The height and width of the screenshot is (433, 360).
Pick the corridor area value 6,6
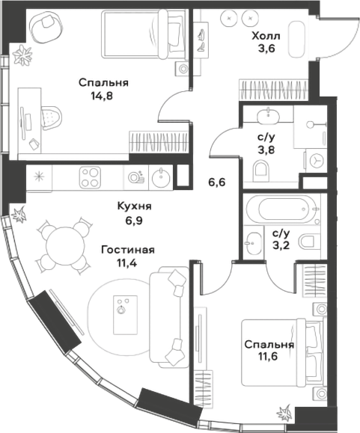pos(217,180)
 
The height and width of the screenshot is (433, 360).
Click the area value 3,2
pos(281,245)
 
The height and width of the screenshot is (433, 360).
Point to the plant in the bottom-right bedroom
pos(285,412)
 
